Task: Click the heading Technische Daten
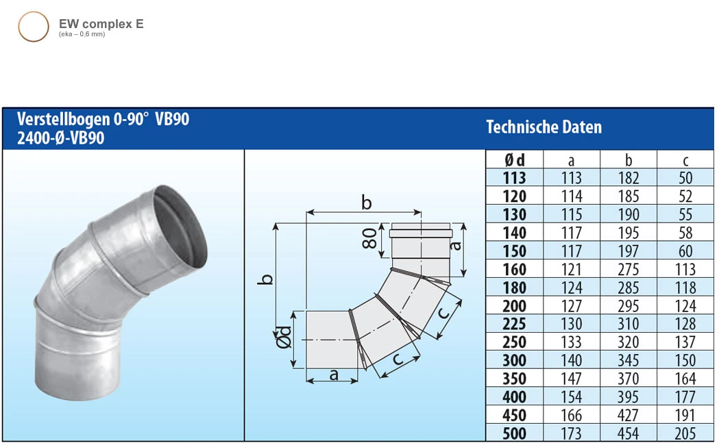tap(544, 127)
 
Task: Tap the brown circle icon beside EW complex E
tap(33, 27)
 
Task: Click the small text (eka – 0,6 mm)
tap(82, 34)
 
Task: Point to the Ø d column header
tap(514, 160)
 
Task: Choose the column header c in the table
tap(685, 160)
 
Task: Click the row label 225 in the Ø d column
tap(514, 324)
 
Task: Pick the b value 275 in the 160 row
tap(628, 270)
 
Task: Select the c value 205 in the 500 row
tap(685, 433)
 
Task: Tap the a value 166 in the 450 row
tap(571, 415)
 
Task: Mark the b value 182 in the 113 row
tap(628, 178)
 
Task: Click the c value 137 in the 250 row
tap(685, 342)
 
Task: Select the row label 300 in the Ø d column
tap(514, 361)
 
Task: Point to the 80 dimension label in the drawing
tap(369, 240)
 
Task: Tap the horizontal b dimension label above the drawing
tap(366, 203)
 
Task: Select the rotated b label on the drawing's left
tap(269, 279)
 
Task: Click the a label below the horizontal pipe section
tap(334, 374)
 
